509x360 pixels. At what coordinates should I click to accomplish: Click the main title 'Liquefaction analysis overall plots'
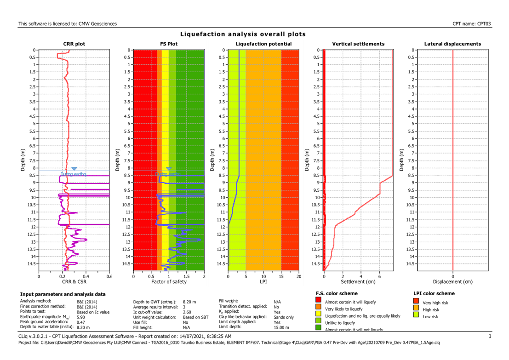[x=243, y=34]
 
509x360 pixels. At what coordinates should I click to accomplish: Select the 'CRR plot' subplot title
[x=74, y=44]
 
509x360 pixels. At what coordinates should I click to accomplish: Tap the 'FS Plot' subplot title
[x=169, y=44]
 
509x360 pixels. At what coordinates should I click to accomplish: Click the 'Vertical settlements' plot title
[x=358, y=44]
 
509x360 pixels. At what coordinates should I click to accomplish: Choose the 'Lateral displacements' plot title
[x=452, y=44]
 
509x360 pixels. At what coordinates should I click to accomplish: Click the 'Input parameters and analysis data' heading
[x=63, y=294]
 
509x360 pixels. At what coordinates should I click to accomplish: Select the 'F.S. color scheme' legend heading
[x=337, y=293]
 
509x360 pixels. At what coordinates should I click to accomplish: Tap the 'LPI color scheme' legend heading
[x=435, y=293]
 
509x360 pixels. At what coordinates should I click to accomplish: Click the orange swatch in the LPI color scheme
[x=417, y=308]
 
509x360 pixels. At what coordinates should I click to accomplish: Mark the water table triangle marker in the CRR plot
[x=74, y=169]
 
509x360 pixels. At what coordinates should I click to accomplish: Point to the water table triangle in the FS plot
[x=169, y=169]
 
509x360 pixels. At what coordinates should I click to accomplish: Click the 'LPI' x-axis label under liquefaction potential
[x=263, y=281]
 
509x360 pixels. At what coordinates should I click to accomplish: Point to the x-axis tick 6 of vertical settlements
[x=379, y=276]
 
